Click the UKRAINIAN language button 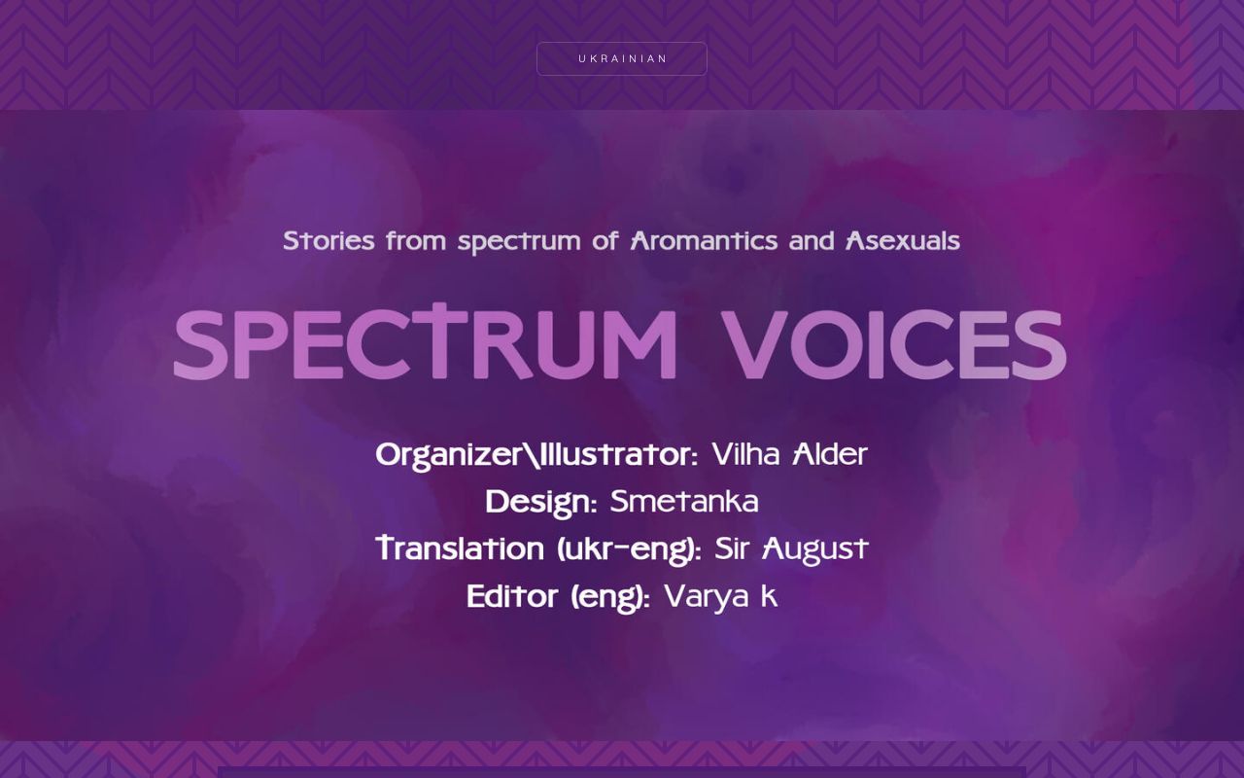[x=622, y=58]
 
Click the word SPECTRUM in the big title [x=426, y=344]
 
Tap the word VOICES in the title [x=894, y=344]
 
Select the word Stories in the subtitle [x=328, y=241]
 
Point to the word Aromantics [x=704, y=241]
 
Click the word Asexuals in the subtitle [x=903, y=241]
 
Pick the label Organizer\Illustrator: [x=536, y=455]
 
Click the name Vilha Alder [x=789, y=455]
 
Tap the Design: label [x=541, y=503]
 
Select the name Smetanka [x=684, y=503]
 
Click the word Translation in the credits [x=460, y=549]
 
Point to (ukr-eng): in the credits [x=629, y=550]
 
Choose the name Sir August [x=791, y=549]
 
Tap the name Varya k [x=720, y=597]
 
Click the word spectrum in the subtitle [x=518, y=242]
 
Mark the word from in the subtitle [x=416, y=241]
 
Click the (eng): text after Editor [x=610, y=598]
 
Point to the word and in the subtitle [x=812, y=241]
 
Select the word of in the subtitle [x=605, y=241]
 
